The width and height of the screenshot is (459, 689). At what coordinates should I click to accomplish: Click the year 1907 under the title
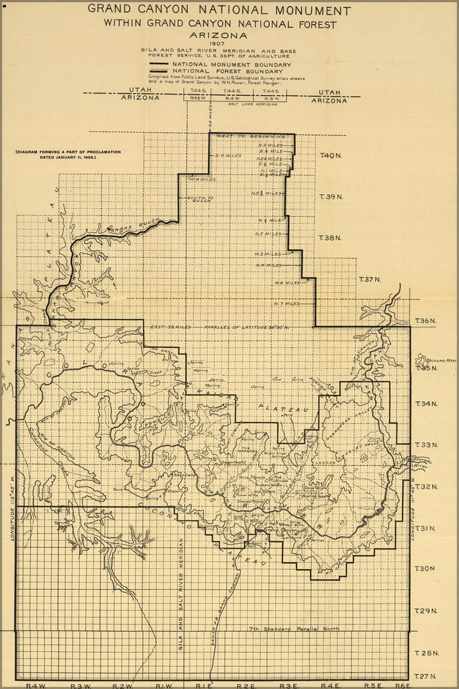click(x=218, y=44)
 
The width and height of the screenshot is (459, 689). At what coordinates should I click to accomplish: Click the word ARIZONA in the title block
click(x=218, y=34)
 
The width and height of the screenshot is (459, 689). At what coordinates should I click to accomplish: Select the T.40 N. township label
click(x=331, y=156)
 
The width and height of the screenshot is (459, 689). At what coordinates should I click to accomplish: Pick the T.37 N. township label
click(x=370, y=280)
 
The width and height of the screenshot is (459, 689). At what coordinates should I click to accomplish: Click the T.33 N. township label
click(x=426, y=445)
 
